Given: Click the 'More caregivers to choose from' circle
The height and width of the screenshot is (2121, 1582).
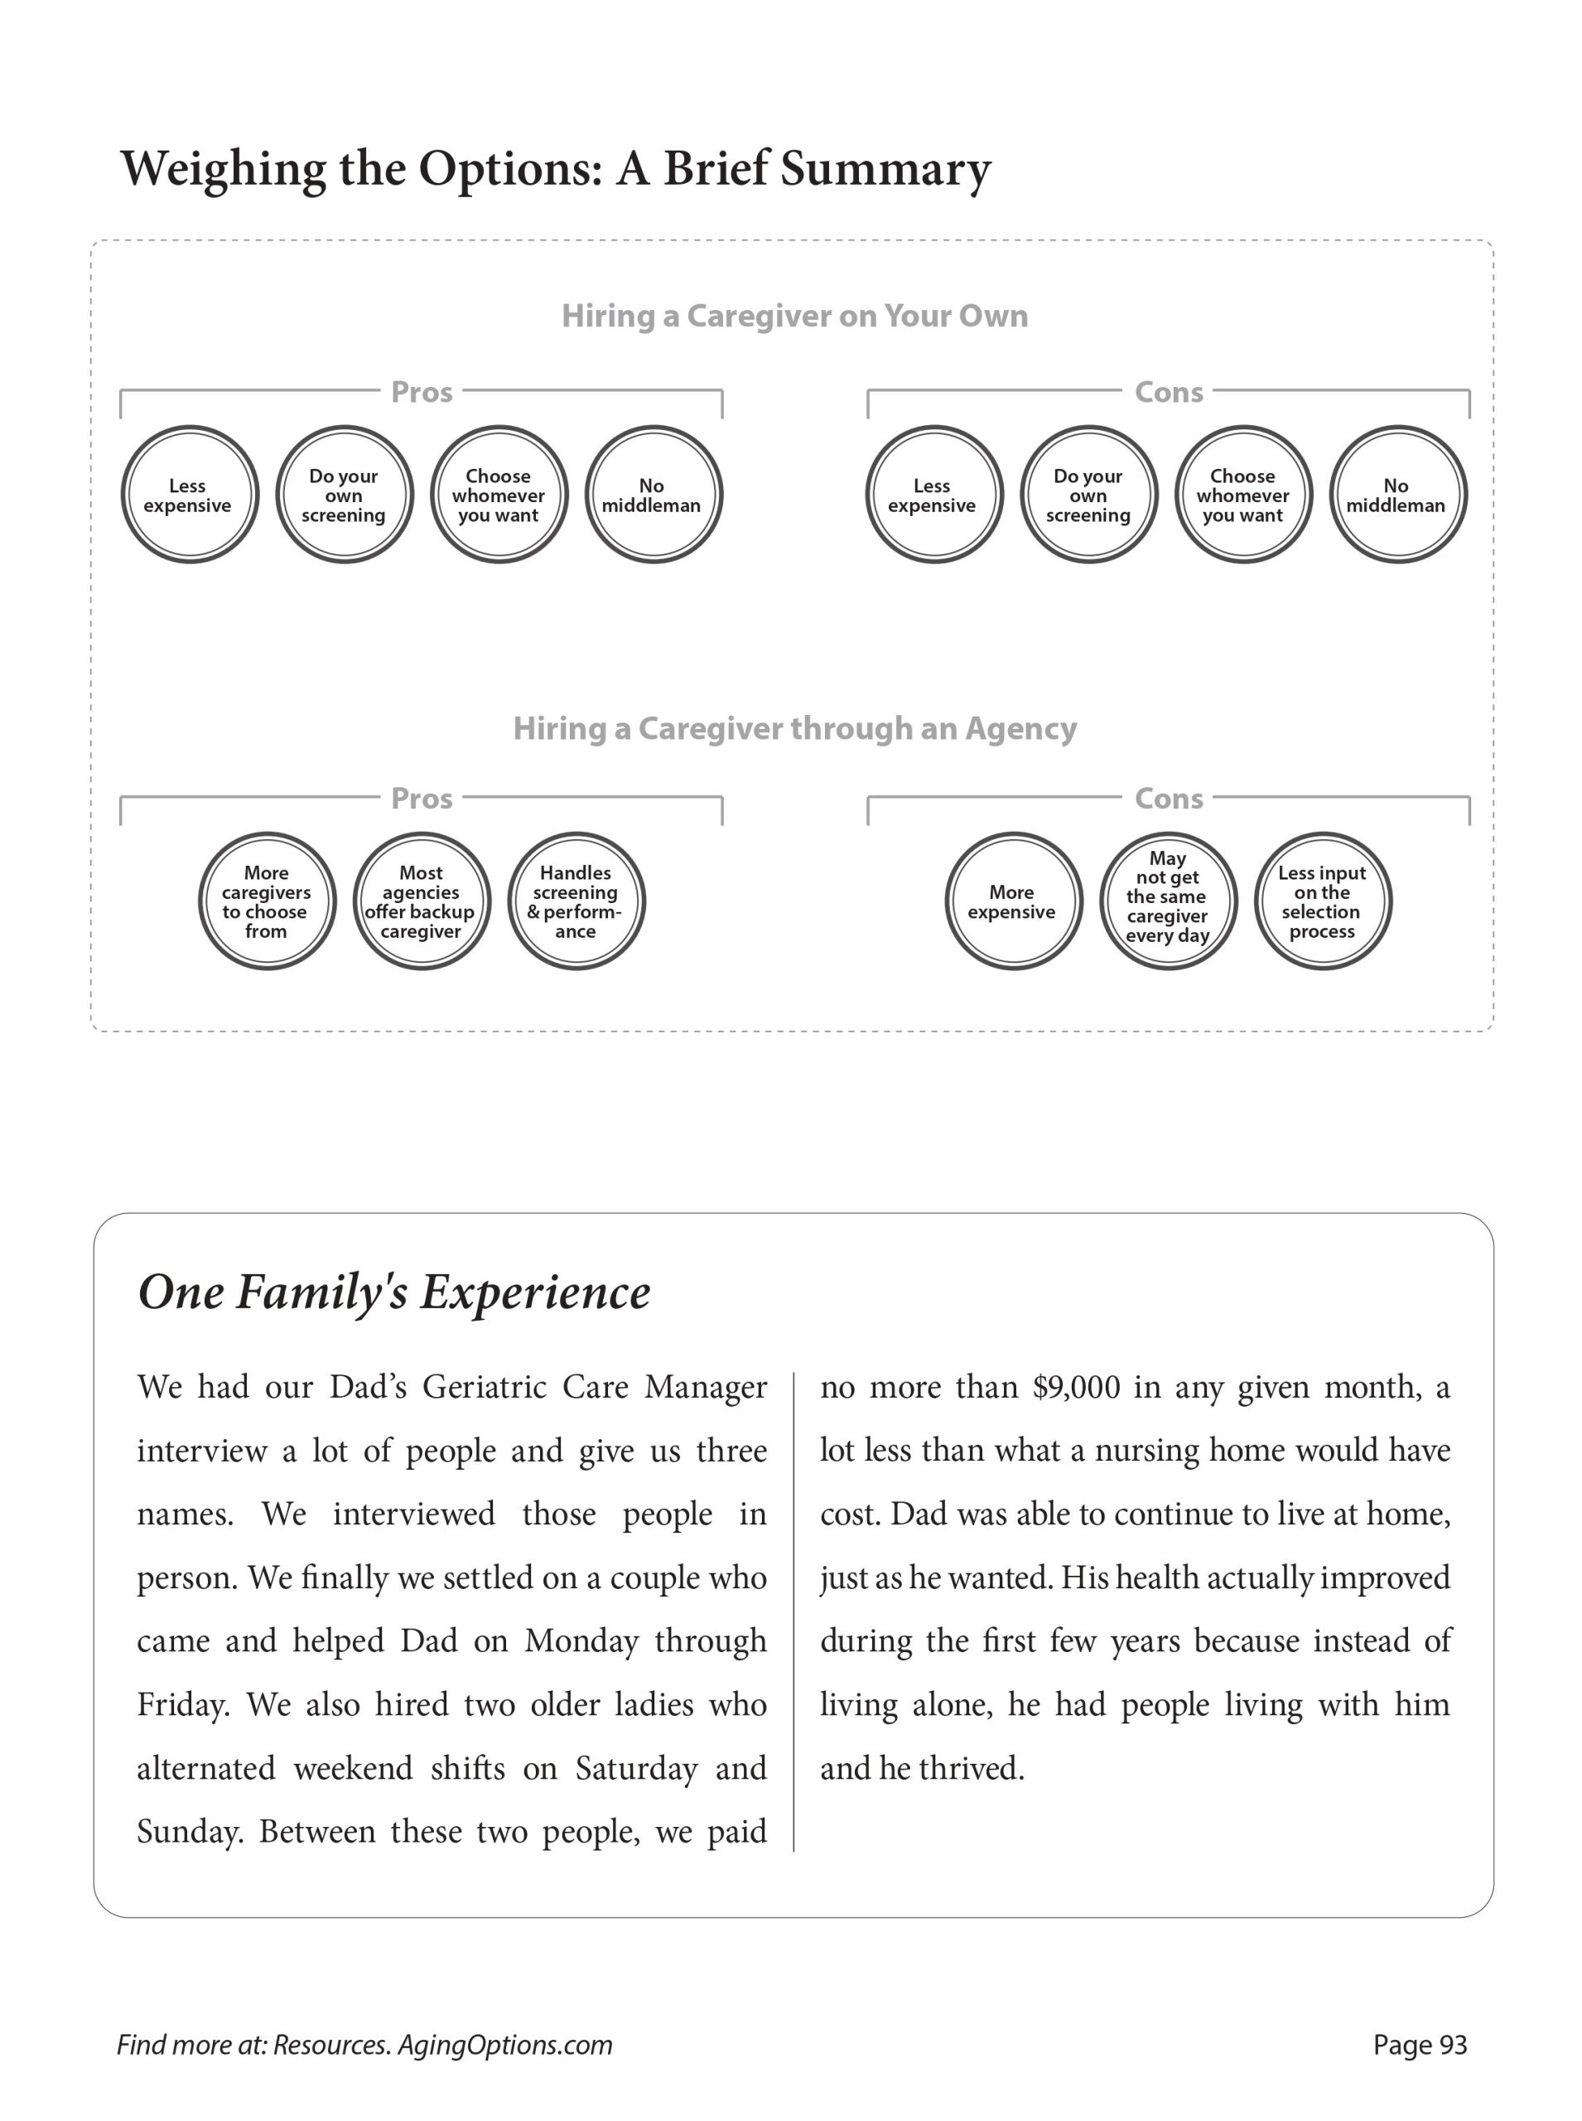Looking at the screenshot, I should [268, 901].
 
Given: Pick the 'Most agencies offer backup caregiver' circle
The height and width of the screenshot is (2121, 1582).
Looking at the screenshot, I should [422, 901].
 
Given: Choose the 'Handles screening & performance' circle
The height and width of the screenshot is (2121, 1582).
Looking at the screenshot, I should [576, 901].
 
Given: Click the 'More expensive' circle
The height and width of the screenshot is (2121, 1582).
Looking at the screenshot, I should [1013, 901].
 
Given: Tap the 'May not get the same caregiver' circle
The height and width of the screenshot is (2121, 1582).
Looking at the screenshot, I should [1167, 901].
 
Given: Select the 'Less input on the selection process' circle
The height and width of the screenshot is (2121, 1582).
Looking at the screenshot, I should [1322, 901].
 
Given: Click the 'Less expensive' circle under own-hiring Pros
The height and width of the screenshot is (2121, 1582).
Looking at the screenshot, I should [190, 495].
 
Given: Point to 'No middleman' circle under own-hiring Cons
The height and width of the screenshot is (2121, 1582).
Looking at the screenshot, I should [1397, 495].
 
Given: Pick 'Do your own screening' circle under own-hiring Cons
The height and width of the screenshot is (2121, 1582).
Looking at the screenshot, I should [1089, 495].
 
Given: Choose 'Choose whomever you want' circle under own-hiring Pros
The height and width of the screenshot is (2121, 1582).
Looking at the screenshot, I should [499, 495].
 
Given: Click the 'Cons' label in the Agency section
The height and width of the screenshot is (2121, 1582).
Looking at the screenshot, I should [1169, 799].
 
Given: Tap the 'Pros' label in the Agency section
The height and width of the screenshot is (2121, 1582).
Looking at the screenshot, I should [422, 799].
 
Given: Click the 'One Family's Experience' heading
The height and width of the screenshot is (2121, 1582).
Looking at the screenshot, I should [393, 1292].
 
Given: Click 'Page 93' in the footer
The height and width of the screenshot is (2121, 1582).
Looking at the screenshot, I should [1419, 2046].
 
